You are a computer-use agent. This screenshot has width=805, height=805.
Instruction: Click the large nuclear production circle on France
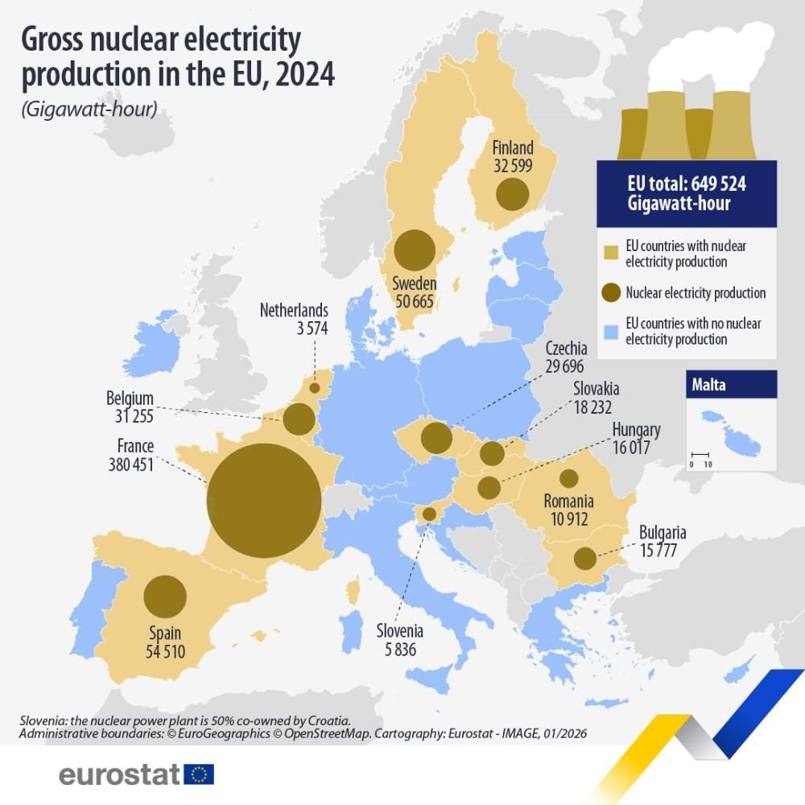264,500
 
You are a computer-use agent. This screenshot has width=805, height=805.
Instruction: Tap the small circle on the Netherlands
315,388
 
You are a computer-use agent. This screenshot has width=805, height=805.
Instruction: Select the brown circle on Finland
512,195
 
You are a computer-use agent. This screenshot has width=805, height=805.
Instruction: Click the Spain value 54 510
165,650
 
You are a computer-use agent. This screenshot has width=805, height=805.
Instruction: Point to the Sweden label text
415,283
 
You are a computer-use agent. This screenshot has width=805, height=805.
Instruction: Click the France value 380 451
130,464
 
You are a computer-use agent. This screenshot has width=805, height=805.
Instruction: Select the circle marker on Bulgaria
585,558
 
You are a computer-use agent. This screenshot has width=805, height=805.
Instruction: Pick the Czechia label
566,349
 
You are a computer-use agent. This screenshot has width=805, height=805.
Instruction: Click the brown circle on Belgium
298,419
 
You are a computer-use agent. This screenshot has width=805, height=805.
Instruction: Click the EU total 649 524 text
686,184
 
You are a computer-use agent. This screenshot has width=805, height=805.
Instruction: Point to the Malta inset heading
708,385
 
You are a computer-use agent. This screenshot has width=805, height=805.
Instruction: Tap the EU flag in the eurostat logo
199,774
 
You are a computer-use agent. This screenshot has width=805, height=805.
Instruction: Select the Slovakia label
597,389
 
